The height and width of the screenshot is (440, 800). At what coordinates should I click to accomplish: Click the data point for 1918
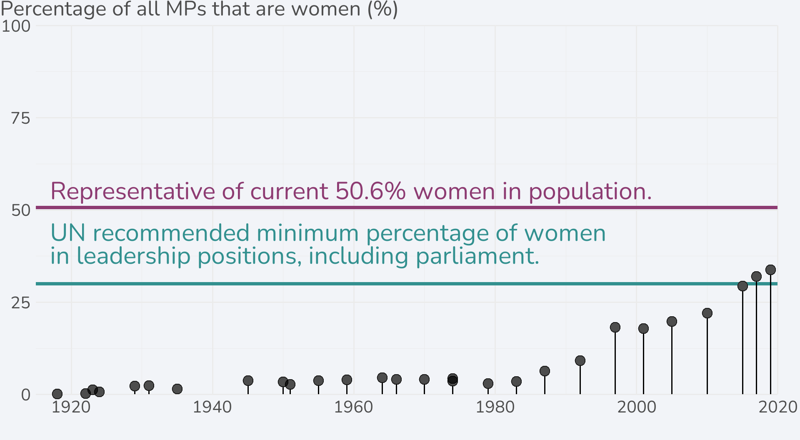(x=57, y=394)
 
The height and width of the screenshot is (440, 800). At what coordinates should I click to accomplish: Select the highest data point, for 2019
(x=770, y=270)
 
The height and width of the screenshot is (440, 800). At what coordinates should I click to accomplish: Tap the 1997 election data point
(x=615, y=327)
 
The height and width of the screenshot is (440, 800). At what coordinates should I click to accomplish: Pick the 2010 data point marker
(x=707, y=313)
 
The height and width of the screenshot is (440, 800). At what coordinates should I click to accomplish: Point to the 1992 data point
(x=580, y=360)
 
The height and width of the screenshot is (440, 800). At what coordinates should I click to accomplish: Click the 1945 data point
(x=248, y=380)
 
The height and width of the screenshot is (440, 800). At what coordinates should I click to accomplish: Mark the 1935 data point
(x=177, y=389)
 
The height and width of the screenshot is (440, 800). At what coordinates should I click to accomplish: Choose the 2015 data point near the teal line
(x=742, y=286)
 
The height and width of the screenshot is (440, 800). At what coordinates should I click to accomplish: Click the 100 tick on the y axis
(x=16, y=26)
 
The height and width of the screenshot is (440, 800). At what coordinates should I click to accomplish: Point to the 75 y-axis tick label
(x=20, y=119)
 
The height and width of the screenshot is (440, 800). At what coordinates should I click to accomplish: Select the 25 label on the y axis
(x=20, y=303)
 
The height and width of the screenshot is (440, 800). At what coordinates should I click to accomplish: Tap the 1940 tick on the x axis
(x=212, y=407)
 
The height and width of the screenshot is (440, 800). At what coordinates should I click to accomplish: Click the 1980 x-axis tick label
(x=495, y=407)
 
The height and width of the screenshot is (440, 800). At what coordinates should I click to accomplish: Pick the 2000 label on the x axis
(x=636, y=407)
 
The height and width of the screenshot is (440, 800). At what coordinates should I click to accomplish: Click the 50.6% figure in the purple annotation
(x=370, y=191)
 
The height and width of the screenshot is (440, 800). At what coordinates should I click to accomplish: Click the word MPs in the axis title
(x=186, y=9)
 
